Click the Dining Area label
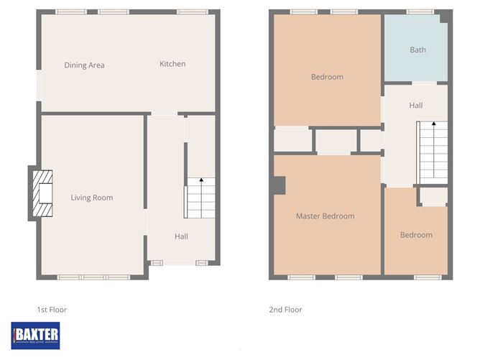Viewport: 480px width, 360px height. [84, 65]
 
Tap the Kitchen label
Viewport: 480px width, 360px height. [172, 64]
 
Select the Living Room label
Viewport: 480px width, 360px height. [92, 198]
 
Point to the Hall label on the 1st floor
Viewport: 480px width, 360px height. [181, 236]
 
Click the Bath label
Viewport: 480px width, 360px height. [417, 50]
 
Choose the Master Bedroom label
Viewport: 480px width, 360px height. [325, 216]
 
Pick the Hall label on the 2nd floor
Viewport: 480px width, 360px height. [416, 106]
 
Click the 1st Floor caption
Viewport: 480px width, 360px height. [52, 310]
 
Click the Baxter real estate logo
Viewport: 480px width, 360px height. [36, 335]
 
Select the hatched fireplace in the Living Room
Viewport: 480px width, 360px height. [45, 194]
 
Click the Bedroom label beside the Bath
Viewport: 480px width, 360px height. [327, 77]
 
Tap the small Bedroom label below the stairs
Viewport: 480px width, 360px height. [416, 235]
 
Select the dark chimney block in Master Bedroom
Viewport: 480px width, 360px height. [280, 185]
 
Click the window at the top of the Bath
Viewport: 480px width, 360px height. [421, 11]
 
